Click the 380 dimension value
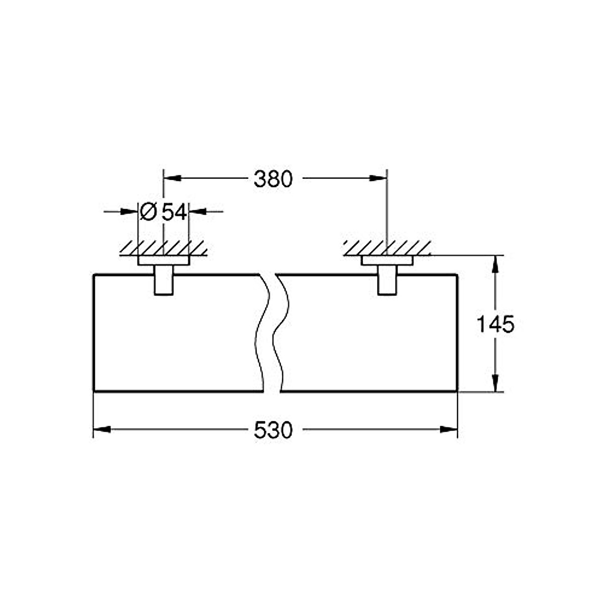click(x=273, y=179)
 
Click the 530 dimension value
click(x=273, y=431)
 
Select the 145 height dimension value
click(x=495, y=325)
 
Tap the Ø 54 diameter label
click(x=163, y=212)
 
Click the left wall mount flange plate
click(x=163, y=261)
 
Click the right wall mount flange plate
click(x=386, y=261)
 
